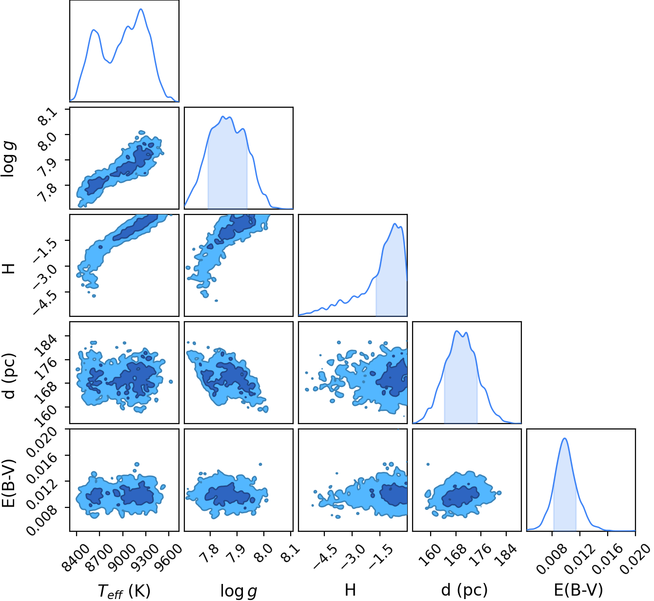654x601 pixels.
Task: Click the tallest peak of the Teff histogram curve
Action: pyautogui.click(x=141, y=9)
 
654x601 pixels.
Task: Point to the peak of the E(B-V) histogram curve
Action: pyautogui.click(x=565, y=438)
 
